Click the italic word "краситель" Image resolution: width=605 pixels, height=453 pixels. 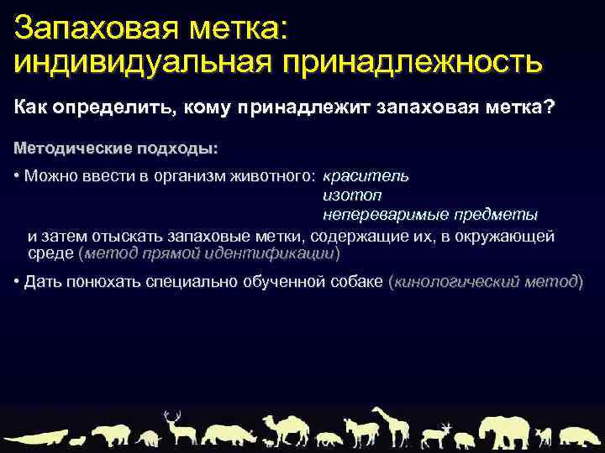[x=366, y=175]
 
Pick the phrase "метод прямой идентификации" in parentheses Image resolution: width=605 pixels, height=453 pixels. [x=209, y=253]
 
